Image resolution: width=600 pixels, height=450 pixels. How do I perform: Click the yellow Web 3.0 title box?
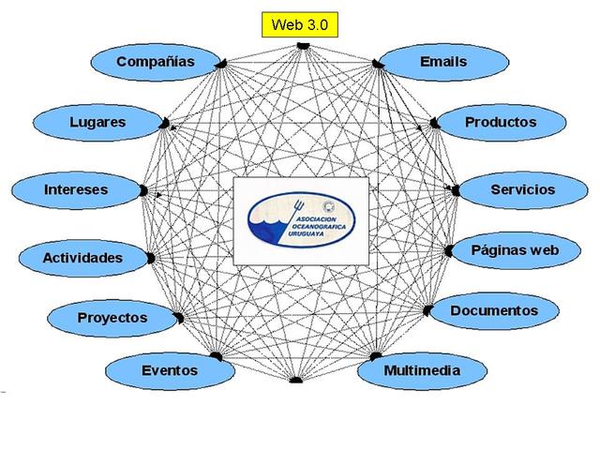tap(299, 25)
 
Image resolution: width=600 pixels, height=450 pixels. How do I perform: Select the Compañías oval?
tap(155, 62)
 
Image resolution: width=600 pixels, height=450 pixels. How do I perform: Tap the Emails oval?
tap(442, 62)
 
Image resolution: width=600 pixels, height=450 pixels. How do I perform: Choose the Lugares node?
tap(97, 122)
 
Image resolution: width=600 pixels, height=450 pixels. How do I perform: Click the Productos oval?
tap(501, 122)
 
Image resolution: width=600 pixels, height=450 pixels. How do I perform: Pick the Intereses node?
tap(76, 189)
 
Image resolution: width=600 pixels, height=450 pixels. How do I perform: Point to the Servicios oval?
tap(522, 189)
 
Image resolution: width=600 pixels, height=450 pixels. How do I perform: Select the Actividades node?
tap(82, 257)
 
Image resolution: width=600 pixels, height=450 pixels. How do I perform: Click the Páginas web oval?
tap(515, 250)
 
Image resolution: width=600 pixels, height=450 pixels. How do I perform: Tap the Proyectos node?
tap(112, 317)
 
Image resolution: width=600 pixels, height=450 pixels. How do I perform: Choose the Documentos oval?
tap(493, 310)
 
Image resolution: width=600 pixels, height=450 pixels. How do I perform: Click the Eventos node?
tap(169, 370)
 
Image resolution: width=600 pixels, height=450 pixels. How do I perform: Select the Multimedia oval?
tap(422, 370)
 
